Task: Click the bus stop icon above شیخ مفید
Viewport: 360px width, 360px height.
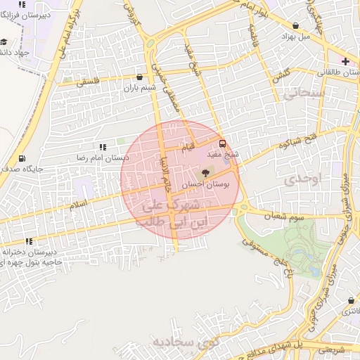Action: pyautogui.click(x=222, y=142)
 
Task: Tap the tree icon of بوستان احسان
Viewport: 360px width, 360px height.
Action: pyautogui.click(x=205, y=172)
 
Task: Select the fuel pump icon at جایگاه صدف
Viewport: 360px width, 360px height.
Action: pyautogui.click(x=22, y=159)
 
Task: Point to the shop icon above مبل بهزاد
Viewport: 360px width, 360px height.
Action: pyautogui.click(x=296, y=25)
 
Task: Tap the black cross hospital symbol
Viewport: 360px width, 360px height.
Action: pyautogui.click(x=345, y=62)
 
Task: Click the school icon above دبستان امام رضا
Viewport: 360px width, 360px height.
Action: pyautogui.click(x=103, y=146)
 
